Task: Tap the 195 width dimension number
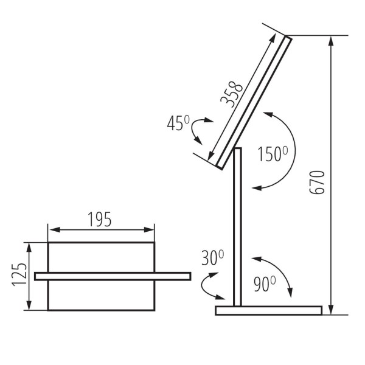point(100,220)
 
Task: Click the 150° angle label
point(272,153)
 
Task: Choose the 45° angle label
point(179,123)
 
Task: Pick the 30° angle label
point(212,259)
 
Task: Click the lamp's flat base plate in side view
point(268,310)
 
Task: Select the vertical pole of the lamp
point(238,231)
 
